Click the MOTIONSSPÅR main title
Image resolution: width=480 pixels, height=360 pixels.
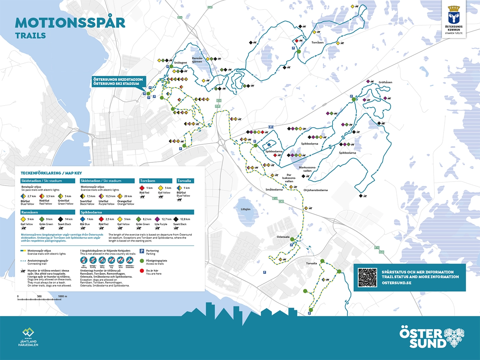pyautogui.click(x=70, y=23)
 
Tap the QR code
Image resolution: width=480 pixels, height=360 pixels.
pyautogui.click(x=367, y=277)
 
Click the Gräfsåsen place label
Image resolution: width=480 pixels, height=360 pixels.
pyautogui.click(x=385, y=82)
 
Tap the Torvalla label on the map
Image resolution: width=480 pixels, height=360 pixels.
pyautogui.click(x=311, y=263)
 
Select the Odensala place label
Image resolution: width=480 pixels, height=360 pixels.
pyautogui.click(x=283, y=237)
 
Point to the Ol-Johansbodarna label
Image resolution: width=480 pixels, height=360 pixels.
pyautogui.click(x=316, y=190)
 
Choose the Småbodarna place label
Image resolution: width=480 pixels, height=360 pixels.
pyautogui.click(x=274, y=190)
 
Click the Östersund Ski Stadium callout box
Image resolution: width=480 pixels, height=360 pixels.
pyautogui.click(x=118, y=82)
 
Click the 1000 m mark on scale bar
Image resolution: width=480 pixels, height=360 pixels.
pyautogui.click(x=62, y=296)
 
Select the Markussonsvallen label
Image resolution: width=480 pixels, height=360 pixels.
pyautogui.click(x=307, y=169)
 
